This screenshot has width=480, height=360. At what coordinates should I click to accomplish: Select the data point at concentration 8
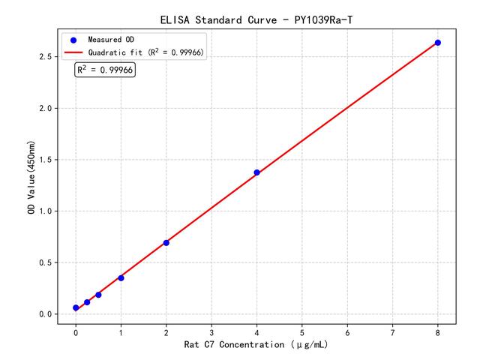pyautogui.click(x=438, y=43)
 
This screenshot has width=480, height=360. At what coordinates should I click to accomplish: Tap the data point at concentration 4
pyautogui.click(x=256, y=172)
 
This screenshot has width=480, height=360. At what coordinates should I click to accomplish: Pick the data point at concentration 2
pyautogui.click(x=166, y=243)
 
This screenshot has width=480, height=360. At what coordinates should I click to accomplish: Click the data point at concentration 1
pyautogui.click(x=121, y=278)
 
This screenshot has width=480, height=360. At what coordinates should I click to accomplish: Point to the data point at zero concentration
pyautogui.click(x=76, y=308)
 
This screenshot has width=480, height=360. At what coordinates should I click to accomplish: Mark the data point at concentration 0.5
pyautogui.click(x=98, y=295)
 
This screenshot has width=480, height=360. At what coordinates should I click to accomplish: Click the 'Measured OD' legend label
pyautogui.click(x=112, y=40)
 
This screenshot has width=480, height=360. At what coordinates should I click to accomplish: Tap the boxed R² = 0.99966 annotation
pyautogui.click(x=105, y=70)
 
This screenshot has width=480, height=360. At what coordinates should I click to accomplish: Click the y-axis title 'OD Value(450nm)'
pyautogui.click(x=31, y=177)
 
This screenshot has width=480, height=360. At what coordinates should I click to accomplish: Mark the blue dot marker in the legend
pyautogui.click(x=73, y=40)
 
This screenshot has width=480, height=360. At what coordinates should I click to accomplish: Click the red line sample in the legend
pyautogui.click(x=73, y=52)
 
